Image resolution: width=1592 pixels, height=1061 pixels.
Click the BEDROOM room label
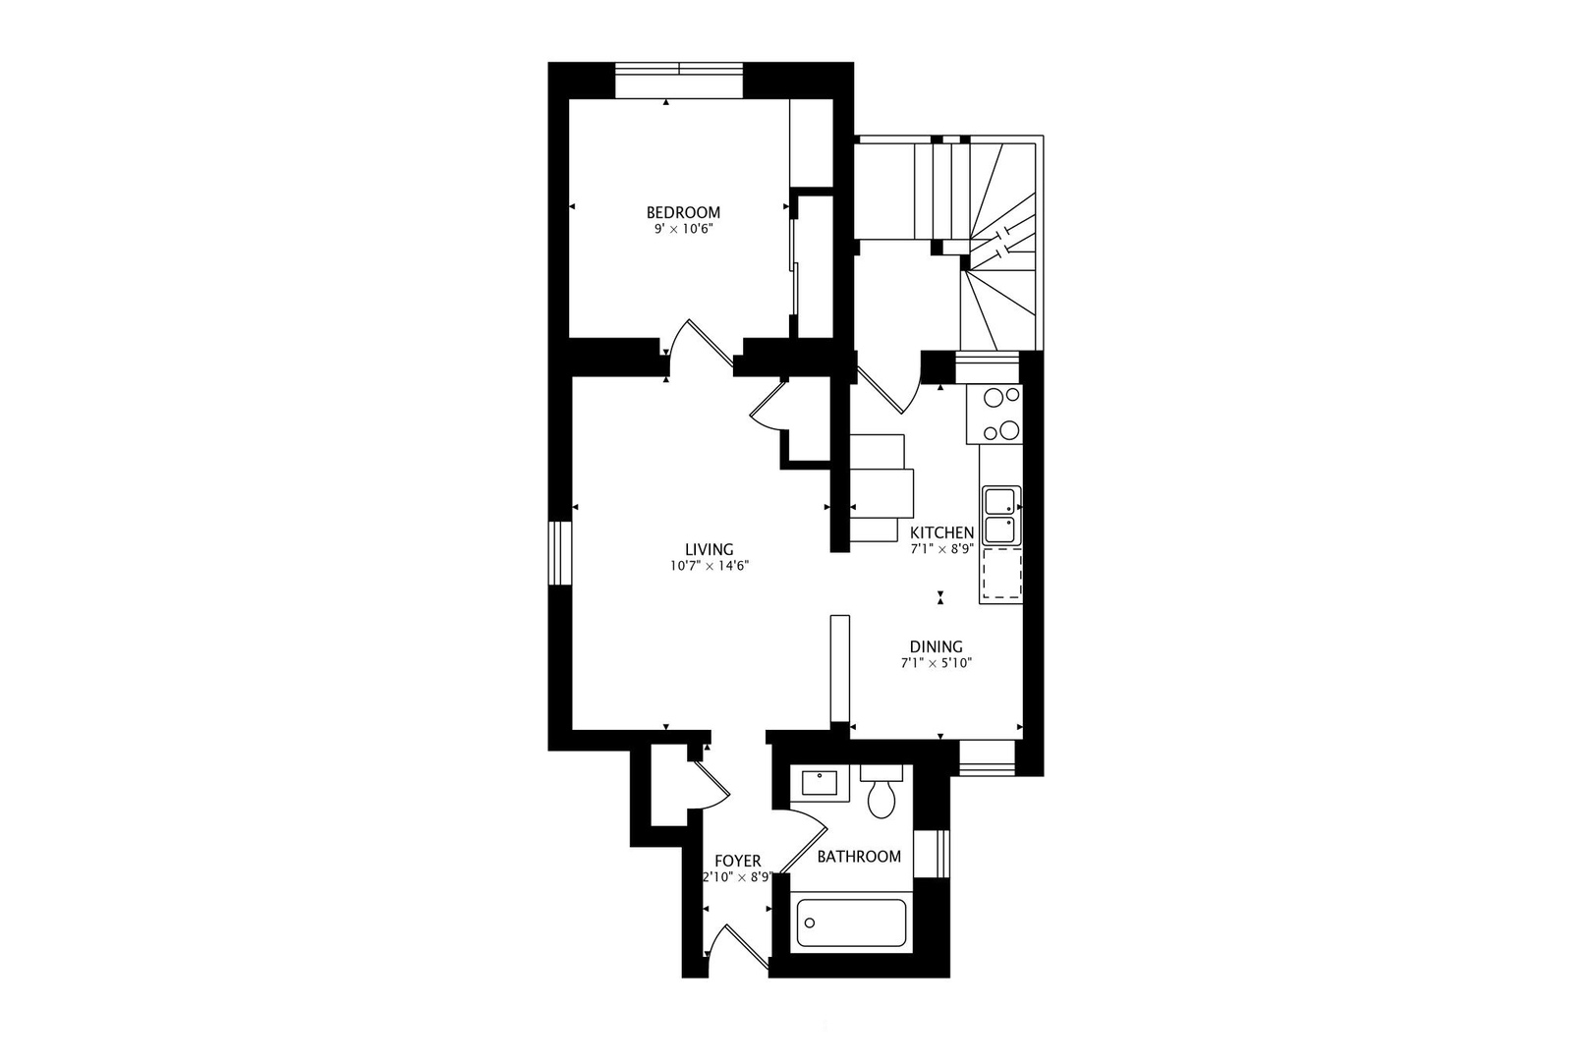tap(683, 212)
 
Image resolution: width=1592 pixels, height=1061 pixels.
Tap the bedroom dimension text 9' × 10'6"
tap(683, 229)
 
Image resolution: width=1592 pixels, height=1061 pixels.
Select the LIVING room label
tap(709, 549)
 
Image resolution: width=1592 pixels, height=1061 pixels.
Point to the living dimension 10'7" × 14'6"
tap(710, 566)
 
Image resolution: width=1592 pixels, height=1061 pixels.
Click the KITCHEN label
tap(941, 533)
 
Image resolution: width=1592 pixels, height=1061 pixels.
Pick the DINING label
tap(936, 646)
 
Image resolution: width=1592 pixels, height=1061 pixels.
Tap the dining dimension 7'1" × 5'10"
tap(936, 663)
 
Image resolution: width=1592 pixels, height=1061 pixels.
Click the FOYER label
tap(738, 862)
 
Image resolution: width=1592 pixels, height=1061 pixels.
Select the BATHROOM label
tap(859, 857)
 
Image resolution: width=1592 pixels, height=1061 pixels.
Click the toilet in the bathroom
tap(881, 792)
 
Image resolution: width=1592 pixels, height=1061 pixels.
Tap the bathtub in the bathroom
tap(851, 923)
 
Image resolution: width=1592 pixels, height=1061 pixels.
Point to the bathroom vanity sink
tap(820, 783)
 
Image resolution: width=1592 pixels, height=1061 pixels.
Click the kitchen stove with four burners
tap(995, 415)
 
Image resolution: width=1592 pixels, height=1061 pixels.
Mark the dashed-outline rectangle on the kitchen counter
tap(1001, 574)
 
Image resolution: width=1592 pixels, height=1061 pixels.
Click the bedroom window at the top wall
tap(679, 81)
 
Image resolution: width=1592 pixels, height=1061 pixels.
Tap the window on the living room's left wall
tap(560, 554)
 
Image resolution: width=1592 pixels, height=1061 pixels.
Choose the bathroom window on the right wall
tap(932, 854)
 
